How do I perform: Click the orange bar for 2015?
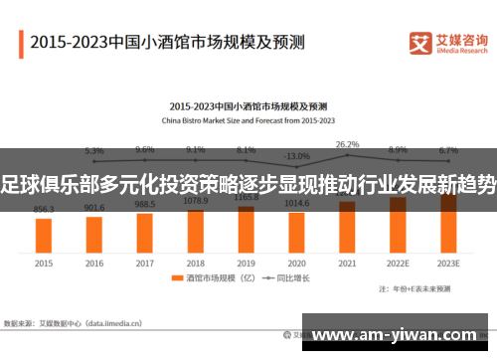click(x=44, y=235)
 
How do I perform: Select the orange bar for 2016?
click(x=94, y=234)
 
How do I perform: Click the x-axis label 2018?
click(x=196, y=264)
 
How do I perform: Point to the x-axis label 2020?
click(x=296, y=264)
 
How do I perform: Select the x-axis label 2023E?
click(x=448, y=264)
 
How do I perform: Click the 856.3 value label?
click(x=44, y=210)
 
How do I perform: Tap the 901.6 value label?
click(x=94, y=208)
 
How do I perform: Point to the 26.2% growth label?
click(x=347, y=144)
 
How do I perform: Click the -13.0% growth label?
click(x=296, y=156)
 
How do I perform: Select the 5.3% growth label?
click(x=94, y=151)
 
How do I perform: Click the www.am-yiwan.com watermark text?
click(x=403, y=335)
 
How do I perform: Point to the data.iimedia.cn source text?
click(x=119, y=323)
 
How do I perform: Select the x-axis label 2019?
click(x=247, y=264)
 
